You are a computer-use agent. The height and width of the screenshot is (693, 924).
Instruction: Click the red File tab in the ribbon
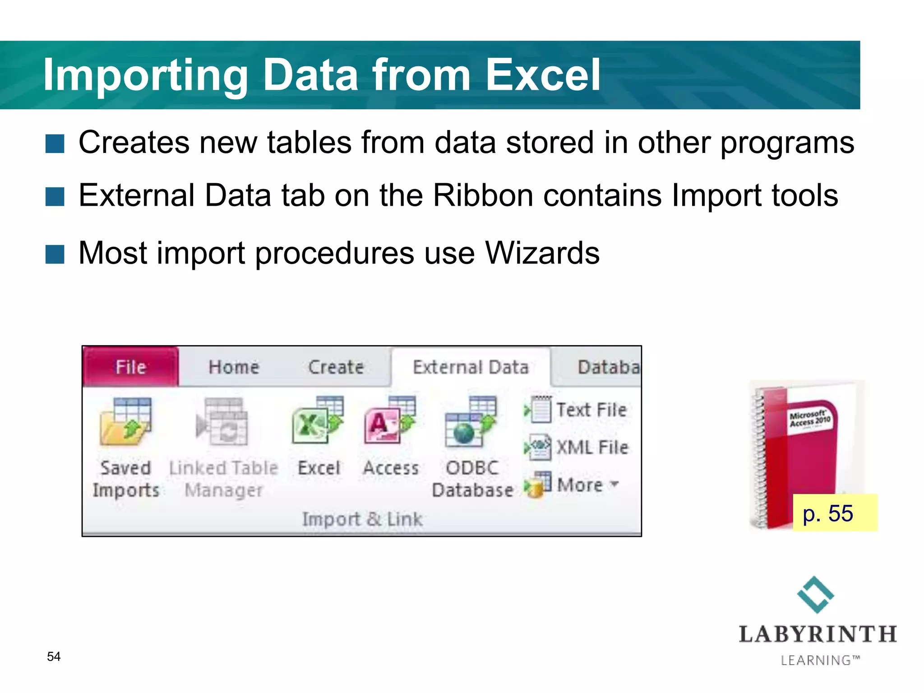pyautogui.click(x=130, y=367)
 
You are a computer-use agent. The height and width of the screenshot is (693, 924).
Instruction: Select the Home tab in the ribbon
pyautogui.click(x=234, y=367)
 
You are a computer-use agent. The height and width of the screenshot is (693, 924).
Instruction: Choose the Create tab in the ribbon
pyautogui.click(x=336, y=367)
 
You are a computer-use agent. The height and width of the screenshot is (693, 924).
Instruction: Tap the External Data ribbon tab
pyautogui.click(x=471, y=367)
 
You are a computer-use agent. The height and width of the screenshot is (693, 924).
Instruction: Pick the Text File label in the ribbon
pyautogui.click(x=591, y=410)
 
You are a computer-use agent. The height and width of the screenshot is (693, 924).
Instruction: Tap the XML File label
pyautogui.click(x=592, y=447)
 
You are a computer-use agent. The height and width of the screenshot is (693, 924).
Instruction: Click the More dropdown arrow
pyautogui.click(x=614, y=484)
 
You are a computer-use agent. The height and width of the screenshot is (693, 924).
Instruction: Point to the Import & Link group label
pyautogui.click(x=362, y=519)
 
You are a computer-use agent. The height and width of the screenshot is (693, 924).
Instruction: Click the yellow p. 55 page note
pyautogui.click(x=834, y=513)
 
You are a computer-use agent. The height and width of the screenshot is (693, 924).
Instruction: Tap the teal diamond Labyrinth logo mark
pyautogui.click(x=816, y=595)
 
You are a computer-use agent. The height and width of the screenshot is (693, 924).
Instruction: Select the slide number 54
pyautogui.click(x=54, y=656)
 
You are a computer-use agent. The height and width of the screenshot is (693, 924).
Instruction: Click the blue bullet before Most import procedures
pyautogui.click(x=55, y=254)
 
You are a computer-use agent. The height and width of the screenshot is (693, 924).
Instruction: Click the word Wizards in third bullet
pyautogui.click(x=542, y=253)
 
